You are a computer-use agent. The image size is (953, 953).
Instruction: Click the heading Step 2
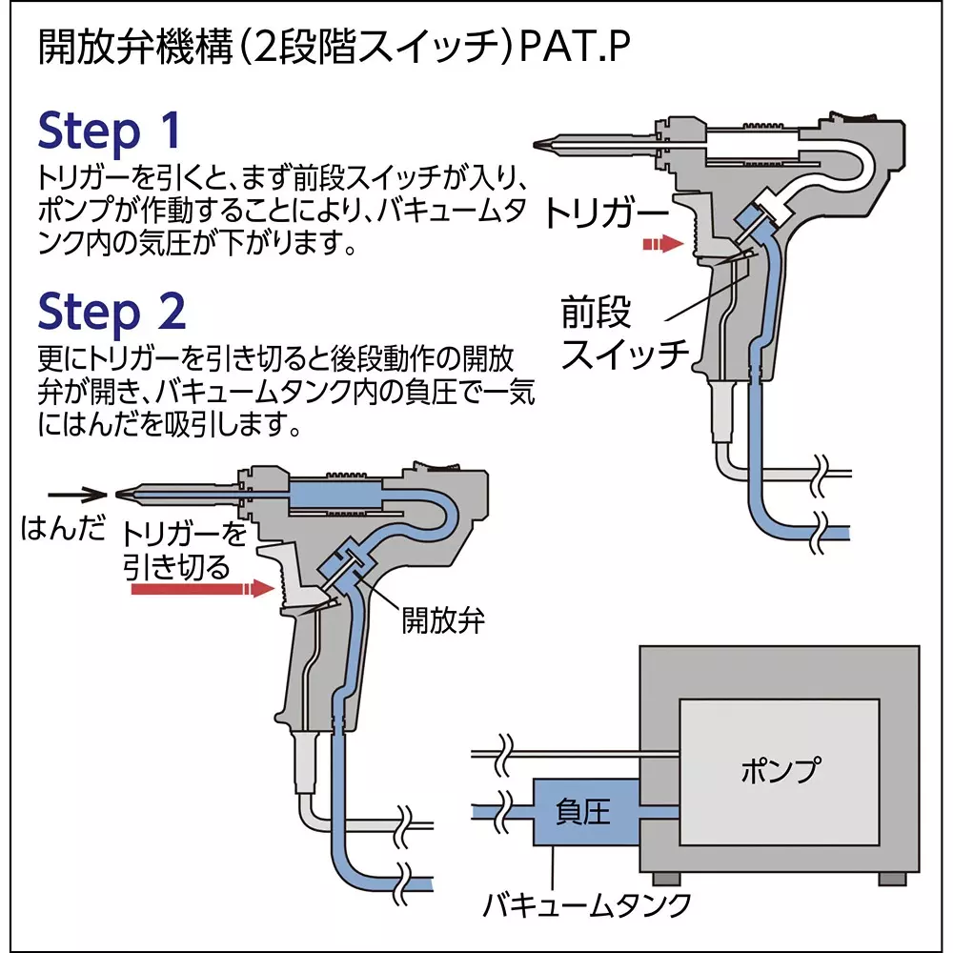pyautogui.click(x=112, y=311)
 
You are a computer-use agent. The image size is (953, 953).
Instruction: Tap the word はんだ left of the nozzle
pyautogui.click(x=63, y=529)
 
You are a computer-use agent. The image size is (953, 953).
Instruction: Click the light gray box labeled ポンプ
pyautogui.click(x=779, y=770)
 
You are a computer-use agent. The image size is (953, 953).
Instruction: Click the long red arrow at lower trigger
pyautogui.click(x=201, y=590)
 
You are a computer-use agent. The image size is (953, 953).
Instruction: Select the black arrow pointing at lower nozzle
pyautogui.click(x=76, y=494)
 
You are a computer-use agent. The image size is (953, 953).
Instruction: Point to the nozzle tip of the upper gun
pyautogui.click(x=542, y=147)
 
